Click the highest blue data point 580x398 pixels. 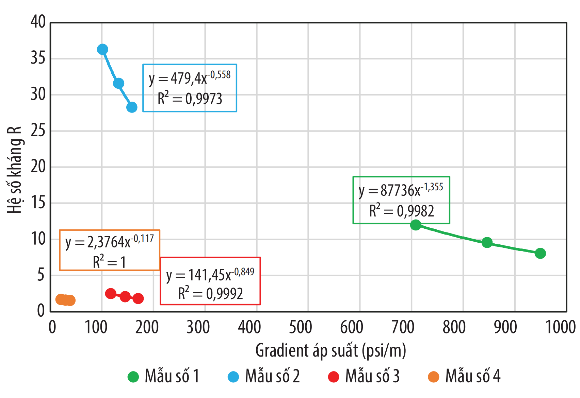(102, 50)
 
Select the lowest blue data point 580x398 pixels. (132, 107)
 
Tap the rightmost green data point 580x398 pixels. (540, 253)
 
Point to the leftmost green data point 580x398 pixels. (416, 225)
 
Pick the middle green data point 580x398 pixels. (487, 242)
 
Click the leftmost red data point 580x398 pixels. (111, 294)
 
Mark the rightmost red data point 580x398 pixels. (138, 298)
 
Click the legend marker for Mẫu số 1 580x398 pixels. (133, 377)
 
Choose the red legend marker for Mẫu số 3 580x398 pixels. (334, 377)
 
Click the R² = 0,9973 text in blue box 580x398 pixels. (190, 99)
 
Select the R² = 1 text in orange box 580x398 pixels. (109, 262)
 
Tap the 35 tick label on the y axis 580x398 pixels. (38, 58)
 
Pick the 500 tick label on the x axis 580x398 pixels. (301, 327)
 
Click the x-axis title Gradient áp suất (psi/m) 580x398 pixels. (331, 351)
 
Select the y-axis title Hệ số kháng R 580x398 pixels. (15, 170)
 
